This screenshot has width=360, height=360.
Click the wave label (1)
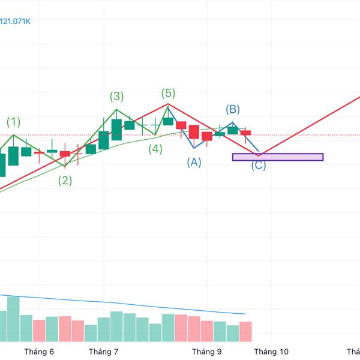tap(13, 122)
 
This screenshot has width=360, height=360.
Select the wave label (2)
tap(65, 180)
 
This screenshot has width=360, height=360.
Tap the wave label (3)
tap(116, 96)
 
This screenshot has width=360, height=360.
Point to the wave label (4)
tap(155, 149)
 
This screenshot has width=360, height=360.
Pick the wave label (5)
tap(168, 92)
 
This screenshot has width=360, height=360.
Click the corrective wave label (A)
tap(194, 161)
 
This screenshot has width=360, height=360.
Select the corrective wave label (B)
tap(233, 109)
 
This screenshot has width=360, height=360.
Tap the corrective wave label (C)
tap(259, 165)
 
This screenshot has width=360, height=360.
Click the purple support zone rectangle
tap(278, 157)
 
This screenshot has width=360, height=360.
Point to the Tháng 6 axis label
tap(39, 352)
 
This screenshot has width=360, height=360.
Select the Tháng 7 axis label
tap(103, 352)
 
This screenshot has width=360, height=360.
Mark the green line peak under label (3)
tap(116, 110)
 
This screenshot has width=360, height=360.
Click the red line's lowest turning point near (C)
tap(259, 155)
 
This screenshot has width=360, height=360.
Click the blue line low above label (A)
tap(194, 148)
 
